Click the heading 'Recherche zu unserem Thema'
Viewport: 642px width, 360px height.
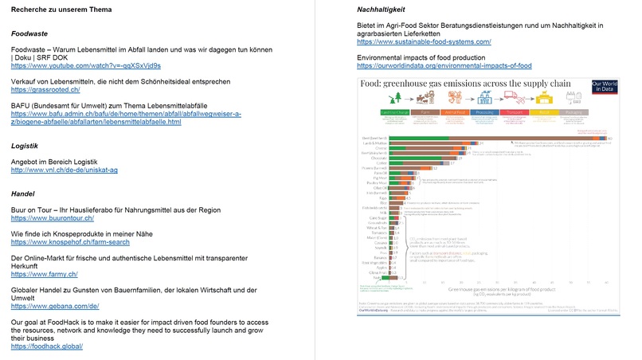click(56, 9)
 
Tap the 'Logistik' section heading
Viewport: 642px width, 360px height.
click(25, 146)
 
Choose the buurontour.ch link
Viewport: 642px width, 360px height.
click(53, 218)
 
